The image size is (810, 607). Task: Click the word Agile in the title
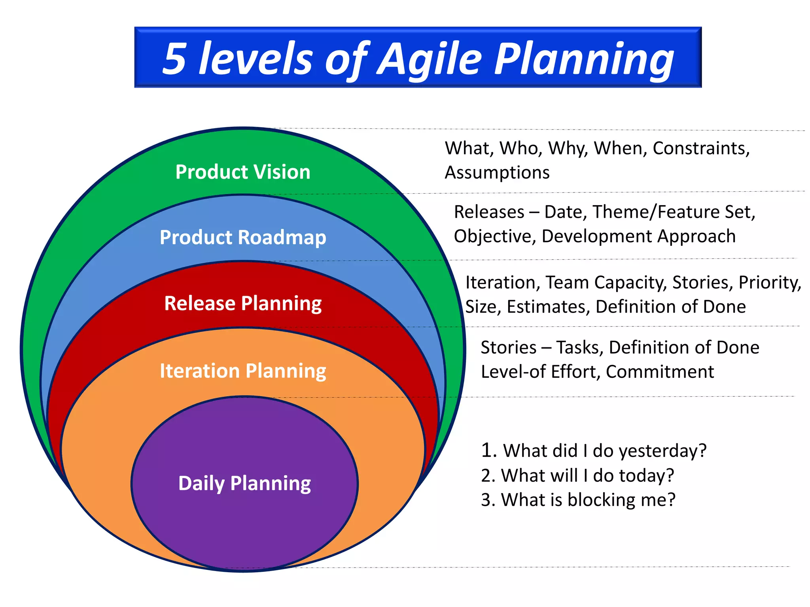click(x=429, y=59)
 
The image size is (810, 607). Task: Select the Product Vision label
click(x=243, y=172)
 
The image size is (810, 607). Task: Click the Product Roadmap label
click(x=243, y=238)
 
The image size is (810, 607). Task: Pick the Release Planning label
click(x=243, y=303)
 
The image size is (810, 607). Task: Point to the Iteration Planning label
click(x=243, y=371)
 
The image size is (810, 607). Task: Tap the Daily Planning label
click(x=244, y=483)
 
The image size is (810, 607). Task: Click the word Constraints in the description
click(x=701, y=149)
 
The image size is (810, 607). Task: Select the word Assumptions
click(x=497, y=173)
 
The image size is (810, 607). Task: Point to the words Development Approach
click(x=638, y=236)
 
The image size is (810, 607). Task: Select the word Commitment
click(x=660, y=372)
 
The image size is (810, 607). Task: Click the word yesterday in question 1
click(x=662, y=451)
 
